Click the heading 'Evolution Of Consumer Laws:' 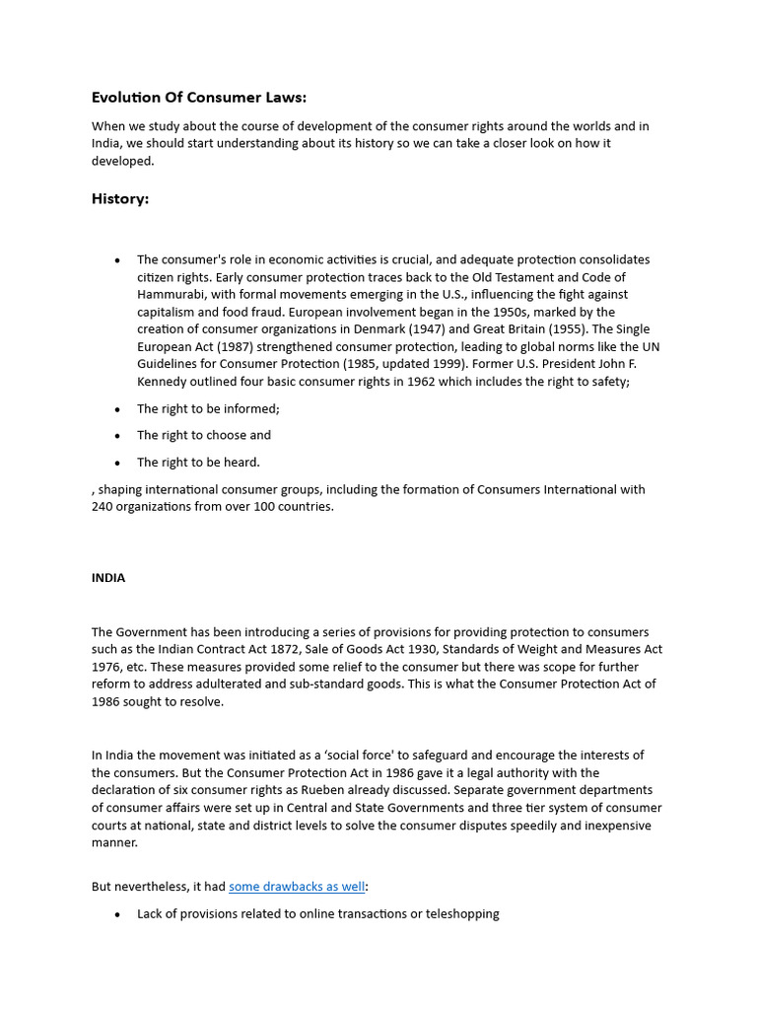(x=199, y=97)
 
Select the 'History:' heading (x=120, y=198)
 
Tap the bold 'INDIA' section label (x=108, y=578)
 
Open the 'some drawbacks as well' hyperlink (x=297, y=887)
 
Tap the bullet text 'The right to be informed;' (x=208, y=408)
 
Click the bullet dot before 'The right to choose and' (x=117, y=436)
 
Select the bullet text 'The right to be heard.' (x=198, y=462)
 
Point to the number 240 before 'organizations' (x=103, y=506)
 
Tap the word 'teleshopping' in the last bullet (x=462, y=913)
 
